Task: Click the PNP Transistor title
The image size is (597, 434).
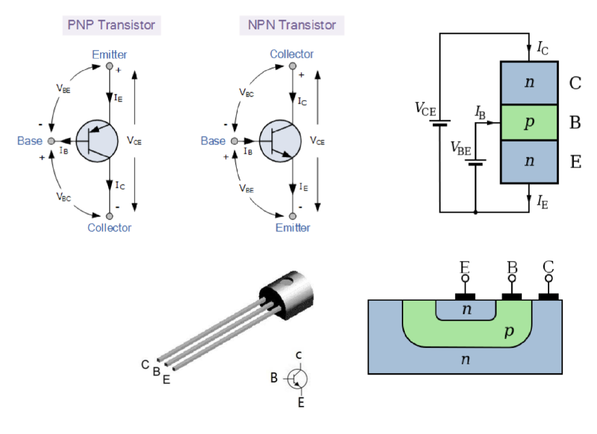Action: tap(111, 25)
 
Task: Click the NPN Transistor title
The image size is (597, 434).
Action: tap(292, 25)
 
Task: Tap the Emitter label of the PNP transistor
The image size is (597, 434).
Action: tap(110, 55)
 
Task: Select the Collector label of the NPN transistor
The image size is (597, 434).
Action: tap(292, 55)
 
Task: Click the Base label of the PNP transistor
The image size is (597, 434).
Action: tap(30, 141)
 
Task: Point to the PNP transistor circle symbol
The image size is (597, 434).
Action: tap(96, 141)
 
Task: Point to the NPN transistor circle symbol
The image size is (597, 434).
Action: tap(279, 141)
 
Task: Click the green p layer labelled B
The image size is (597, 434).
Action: tap(528, 123)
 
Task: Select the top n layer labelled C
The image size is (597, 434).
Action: tap(528, 83)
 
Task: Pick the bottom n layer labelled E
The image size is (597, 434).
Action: tap(528, 162)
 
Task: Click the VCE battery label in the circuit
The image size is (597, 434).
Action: tap(425, 108)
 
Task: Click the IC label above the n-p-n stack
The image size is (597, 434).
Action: tap(542, 48)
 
